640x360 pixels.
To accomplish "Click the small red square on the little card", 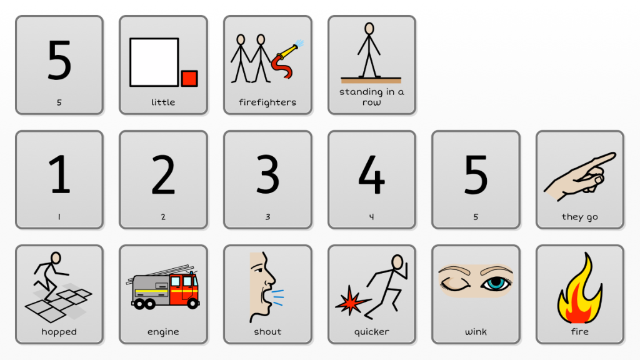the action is tap(189, 78).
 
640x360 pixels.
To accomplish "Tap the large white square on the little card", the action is tap(154, 62).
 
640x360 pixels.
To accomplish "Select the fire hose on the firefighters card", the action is tap(286, 59).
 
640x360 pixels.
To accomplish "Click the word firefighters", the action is tap(267, 102).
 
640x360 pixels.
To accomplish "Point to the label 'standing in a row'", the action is tap(371, 97).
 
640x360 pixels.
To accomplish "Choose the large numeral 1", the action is tap(59, 174).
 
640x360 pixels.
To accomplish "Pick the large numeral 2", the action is tap(163, 174).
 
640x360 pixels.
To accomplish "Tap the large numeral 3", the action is tap(267, 174).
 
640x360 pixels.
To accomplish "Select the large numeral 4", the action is tap(371, 174).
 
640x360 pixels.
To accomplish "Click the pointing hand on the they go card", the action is tap(579, 176).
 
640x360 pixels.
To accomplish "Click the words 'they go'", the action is tap(579, 217).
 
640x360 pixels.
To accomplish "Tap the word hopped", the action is tap(59, 332).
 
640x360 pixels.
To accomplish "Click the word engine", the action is tap(163, 332).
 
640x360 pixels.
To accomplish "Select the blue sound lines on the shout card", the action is tap(277, 297).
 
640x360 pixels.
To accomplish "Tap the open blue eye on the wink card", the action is tap(496, 283).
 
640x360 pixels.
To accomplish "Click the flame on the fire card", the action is tap(580, 288).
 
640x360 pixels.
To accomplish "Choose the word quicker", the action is tap(371, 332).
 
